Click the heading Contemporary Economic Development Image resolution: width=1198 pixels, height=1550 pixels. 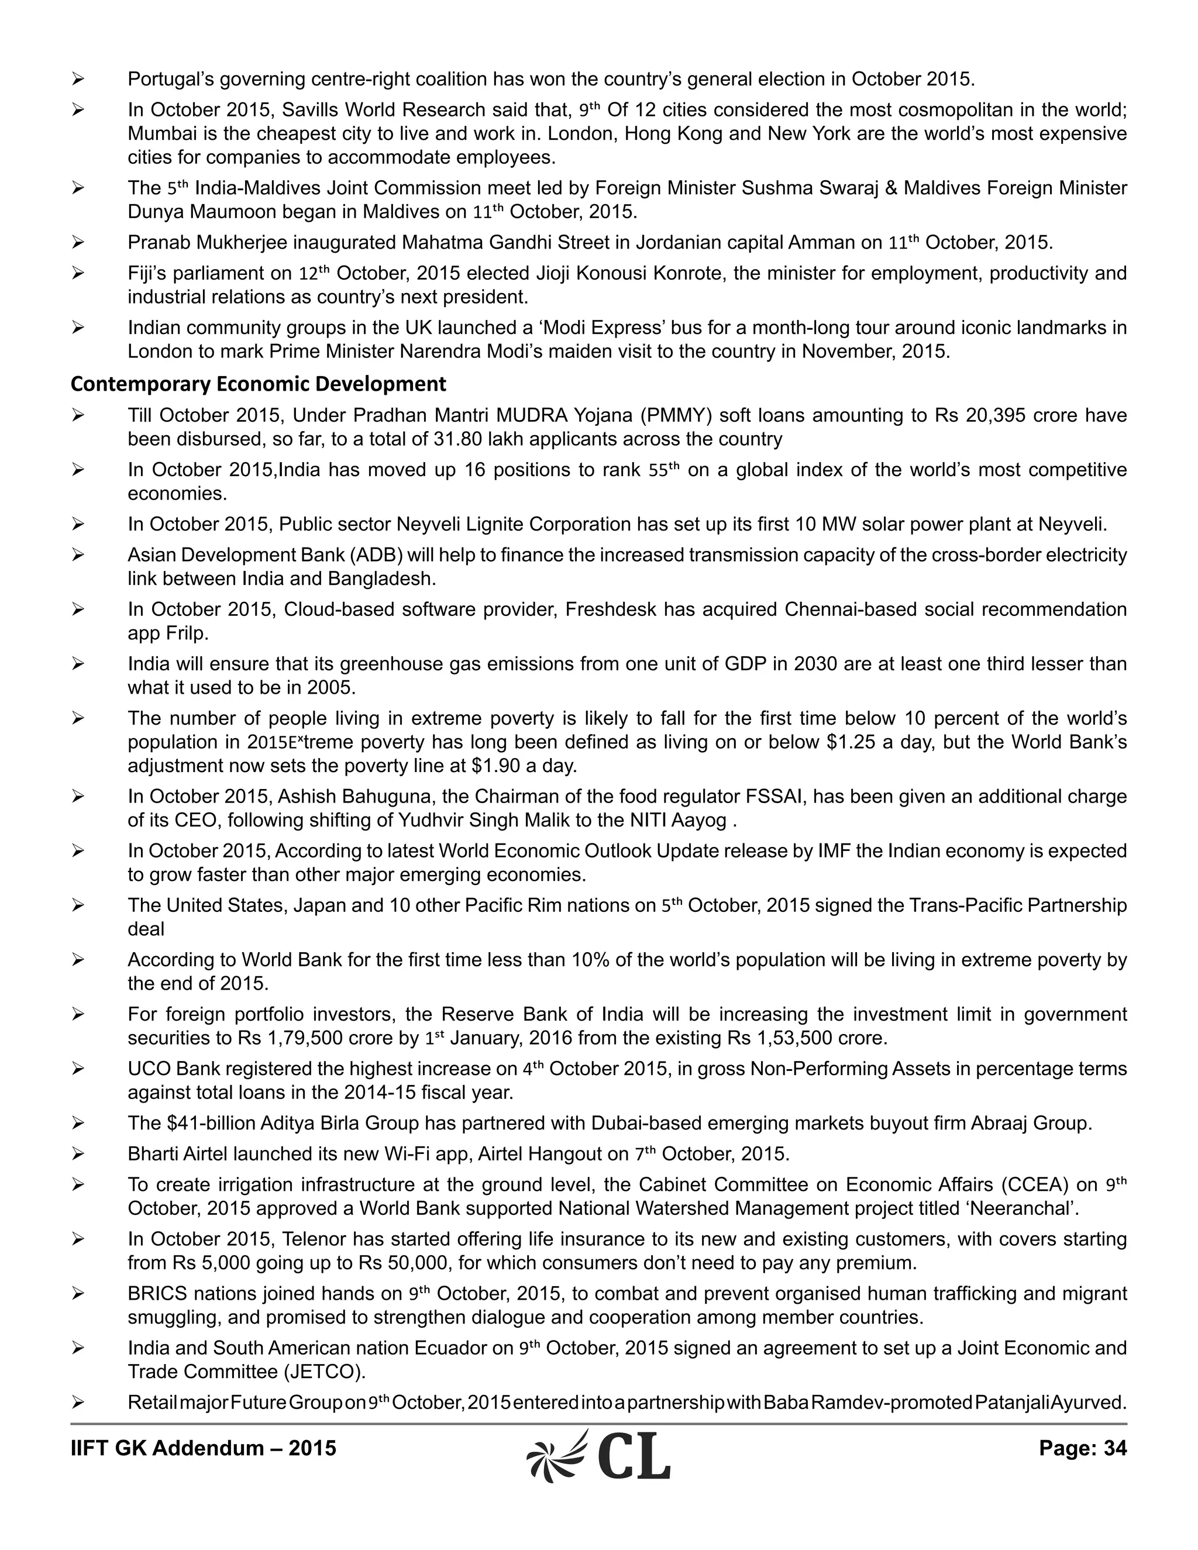(x=259, y=384)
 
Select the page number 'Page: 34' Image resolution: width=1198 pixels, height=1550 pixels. (x=1082, y=1448)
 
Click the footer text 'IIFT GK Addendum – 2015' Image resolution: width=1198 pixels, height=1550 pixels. (x=203, y=1448)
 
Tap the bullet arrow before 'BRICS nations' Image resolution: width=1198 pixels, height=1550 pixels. (x=78, y=1294)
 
